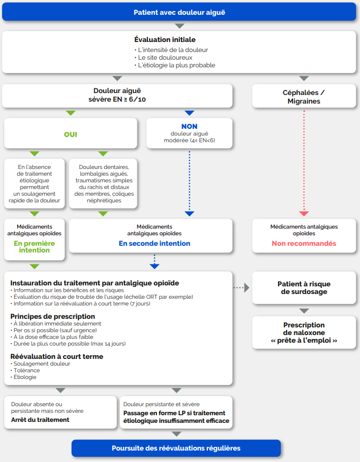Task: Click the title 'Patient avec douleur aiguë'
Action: (179, 12)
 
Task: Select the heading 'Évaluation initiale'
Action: (165, 40)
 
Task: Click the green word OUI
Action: (71, 135)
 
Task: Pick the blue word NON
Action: (189, 126)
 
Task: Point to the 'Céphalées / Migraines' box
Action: (304, 96)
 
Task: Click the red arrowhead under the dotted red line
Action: (304, 214)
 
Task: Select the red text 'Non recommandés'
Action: (304, 243)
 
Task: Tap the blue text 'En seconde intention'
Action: (154, 243)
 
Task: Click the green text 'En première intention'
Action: (34, 247)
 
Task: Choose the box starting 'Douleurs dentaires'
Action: (103, 184)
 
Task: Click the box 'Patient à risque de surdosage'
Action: (304, 288)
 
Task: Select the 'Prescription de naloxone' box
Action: (304, 333)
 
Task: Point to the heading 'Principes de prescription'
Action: (53, 316)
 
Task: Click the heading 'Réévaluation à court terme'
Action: (57, 357)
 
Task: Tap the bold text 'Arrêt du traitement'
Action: (40, 420)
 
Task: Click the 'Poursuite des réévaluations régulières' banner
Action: (176, 448)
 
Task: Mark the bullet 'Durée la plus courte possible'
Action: (70, 344)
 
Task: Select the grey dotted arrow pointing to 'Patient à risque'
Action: (241, 288)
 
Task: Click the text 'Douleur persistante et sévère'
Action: (161, 404)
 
